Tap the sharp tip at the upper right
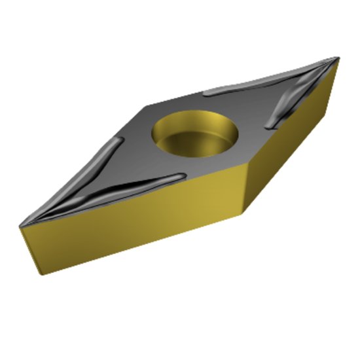pyautogui.click(x=338, y=58)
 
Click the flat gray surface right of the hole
pyautogui.click(x=245, y=131)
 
